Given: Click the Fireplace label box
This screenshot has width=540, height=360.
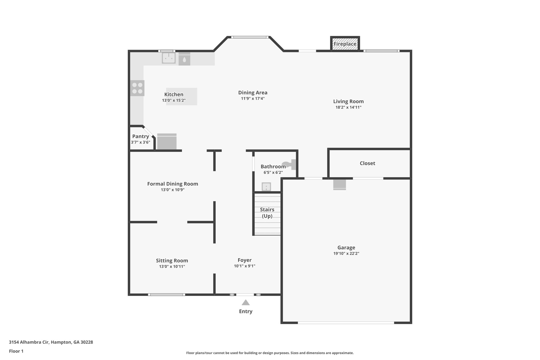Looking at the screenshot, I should point(345,44).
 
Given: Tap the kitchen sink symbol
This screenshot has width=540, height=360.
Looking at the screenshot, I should point(169,58).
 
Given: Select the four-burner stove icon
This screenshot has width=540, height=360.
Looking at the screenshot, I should point(137,88).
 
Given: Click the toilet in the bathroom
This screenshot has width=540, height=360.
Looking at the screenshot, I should point(290,165).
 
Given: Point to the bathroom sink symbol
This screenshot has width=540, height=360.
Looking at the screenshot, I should point(266,187).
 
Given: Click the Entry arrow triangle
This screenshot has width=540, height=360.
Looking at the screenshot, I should point(245,303).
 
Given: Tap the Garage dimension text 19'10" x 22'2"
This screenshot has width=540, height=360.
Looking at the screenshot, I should point(346,253).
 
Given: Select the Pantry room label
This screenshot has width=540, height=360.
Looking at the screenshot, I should point(141,136).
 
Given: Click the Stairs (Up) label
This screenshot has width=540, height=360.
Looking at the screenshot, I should point(267,213).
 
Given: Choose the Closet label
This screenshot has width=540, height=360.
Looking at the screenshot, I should point(367,163).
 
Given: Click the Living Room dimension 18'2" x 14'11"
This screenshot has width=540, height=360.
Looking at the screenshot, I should point(348,107).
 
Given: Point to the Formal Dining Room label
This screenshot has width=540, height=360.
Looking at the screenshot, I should point(172,184).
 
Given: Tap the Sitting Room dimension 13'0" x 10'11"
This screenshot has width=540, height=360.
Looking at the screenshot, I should point(172,267).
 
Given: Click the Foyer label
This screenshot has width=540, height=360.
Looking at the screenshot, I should point(244,260).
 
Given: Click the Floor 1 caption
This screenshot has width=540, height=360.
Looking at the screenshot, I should point(16,351).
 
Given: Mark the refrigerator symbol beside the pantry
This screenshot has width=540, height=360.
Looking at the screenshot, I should point(167,142).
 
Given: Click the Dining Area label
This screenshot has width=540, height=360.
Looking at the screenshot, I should point(253,93).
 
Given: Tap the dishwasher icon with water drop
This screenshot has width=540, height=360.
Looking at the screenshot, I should point(184,59).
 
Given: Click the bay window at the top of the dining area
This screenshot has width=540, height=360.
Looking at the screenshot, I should point(250,37).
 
